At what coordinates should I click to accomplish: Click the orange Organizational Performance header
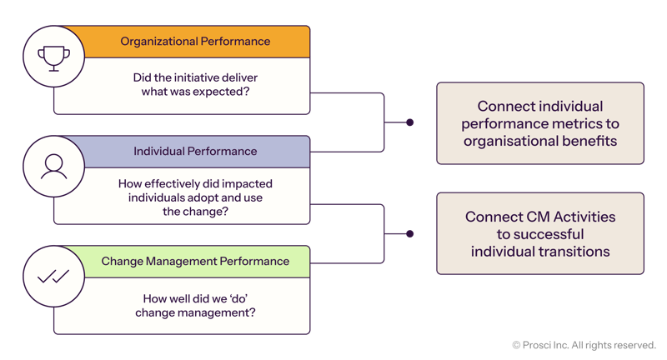pyautogui.click(x=195, y=42)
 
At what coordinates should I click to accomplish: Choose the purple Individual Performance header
pyautogui.click(x=195, y=152)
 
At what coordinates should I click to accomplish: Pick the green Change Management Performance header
pyautogui.click(x=195, y=262)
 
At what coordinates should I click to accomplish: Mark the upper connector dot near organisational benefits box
pyautogui.click(x=409, y=123)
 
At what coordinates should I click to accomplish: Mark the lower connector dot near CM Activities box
pyautogui.click(x=409, y=234)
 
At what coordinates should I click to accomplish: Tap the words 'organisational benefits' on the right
pyautogui.click(x=540, y=141)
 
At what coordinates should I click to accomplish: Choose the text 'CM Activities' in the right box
pyautogui.click(x=575, y=217)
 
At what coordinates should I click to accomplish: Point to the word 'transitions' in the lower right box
pyautogui.click(x=574, y=251)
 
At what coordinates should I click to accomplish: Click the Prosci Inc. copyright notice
pyautogui.click(x=584, y=344)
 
